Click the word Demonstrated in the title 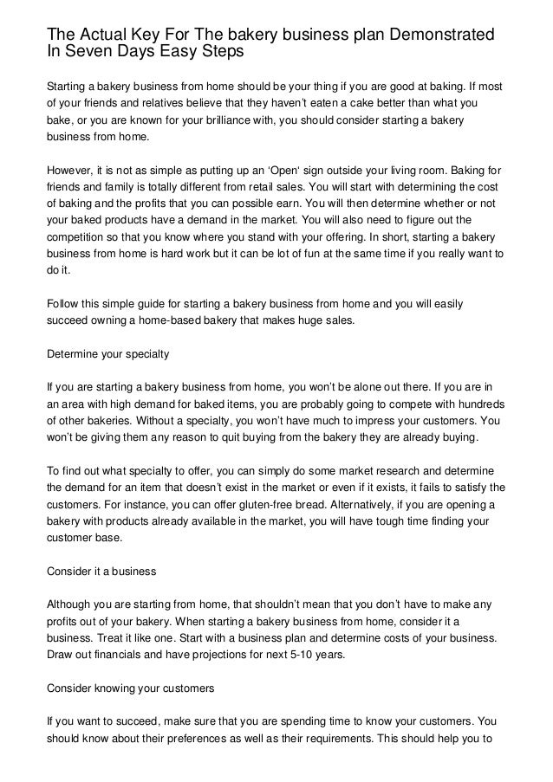tap(439, 35)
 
